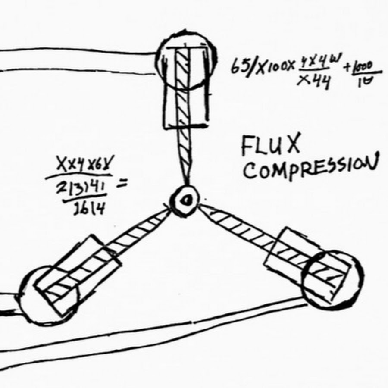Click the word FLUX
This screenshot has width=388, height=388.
tap(270, 148)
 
